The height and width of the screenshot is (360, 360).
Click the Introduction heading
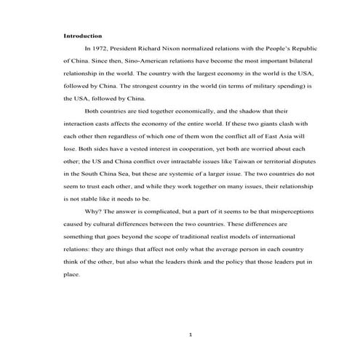coord(81,35)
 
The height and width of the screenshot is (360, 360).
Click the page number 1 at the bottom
coord(189,335)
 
